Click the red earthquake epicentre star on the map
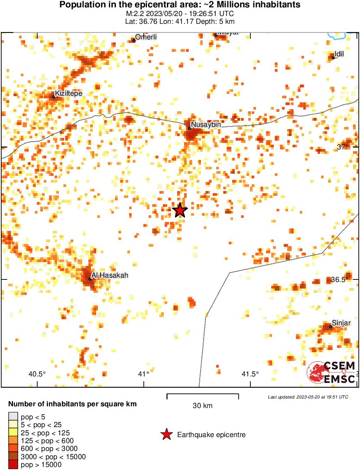click(x=180, y=211)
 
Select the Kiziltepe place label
click(x=68, y=93)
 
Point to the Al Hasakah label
click(x=110, y=275)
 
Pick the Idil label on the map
click(x=339, y=53)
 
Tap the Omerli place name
click(x=146, y=37)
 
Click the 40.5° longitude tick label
click(x=37, y=374)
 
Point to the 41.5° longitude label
click(x=250, y=374)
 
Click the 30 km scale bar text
click(x=202, y=406)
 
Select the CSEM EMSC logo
click(x=331, y=373)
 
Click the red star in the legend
click(x=166, y=434)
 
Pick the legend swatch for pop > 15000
click(x=13, y=465)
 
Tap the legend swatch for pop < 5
click(x=13, y=417)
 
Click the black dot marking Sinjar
click(x=331, y=327)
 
